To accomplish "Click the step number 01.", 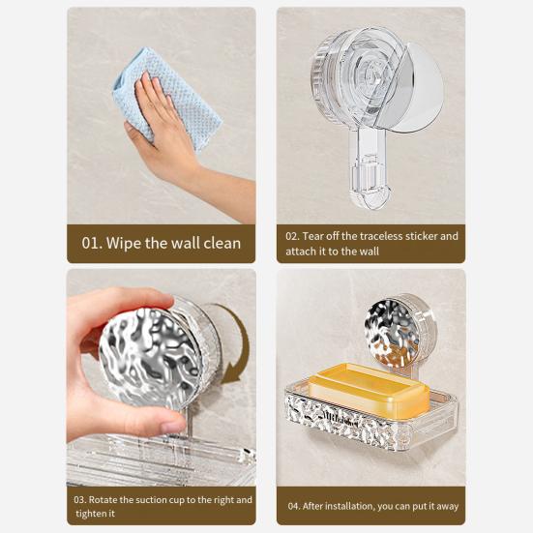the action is tap(91, 244).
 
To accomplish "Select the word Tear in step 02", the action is tap(312, 236).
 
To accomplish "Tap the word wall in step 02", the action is tap(369, 252).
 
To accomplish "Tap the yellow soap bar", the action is tap(369, 390).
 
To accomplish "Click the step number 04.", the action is tap(293, 506).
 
